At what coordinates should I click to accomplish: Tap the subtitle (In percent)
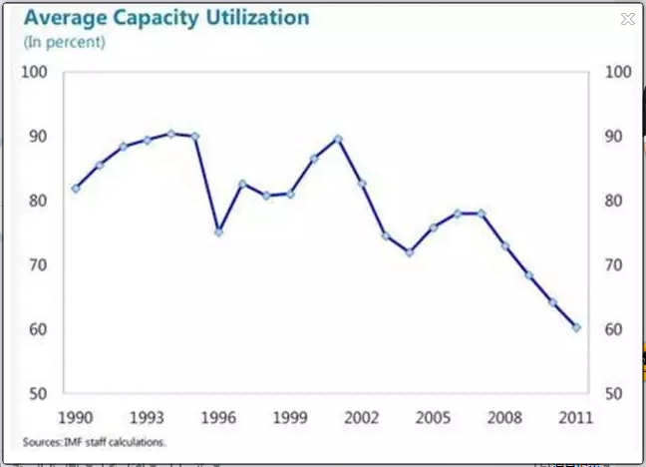tap(64, 42)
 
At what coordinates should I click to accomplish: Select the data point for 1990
tap(75, 188)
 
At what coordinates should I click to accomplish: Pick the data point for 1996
tap(218, 232)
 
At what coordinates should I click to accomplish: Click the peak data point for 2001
tap(338, 139)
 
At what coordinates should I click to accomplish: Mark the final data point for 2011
tap(576, 327)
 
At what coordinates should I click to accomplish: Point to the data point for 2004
tap(409, 252)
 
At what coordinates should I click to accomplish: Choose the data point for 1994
tap(170, 133)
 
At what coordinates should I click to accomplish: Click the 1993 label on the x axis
tap(147, 415)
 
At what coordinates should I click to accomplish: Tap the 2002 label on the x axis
tap(361, 415)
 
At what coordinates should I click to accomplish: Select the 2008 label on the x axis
tap(504, 415)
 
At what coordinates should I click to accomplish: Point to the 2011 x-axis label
tap(576, 415)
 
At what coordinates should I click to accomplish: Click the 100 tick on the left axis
tap(35, 72)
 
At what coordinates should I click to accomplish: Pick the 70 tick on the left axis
tap(39, 265)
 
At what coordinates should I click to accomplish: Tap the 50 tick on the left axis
tap(39, 394)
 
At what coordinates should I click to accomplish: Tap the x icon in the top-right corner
tap(627, 18)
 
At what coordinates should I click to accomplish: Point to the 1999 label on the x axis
tap(289, 415)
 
